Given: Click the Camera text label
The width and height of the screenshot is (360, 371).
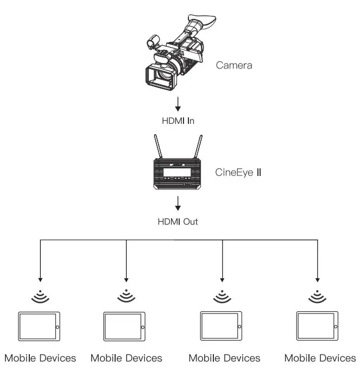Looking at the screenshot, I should coord(234,66).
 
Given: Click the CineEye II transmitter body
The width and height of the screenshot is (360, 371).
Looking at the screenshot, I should coord(180,175).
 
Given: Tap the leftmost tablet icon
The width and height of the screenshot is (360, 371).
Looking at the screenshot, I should coord(39,326).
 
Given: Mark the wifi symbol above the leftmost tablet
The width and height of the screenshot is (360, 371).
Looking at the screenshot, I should coord(39,295).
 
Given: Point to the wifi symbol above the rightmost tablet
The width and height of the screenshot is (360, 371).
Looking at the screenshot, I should coord(317,295).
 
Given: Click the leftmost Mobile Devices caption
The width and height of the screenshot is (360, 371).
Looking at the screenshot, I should coord(40,358).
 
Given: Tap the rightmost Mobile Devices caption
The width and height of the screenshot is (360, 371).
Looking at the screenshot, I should coord(320,358).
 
